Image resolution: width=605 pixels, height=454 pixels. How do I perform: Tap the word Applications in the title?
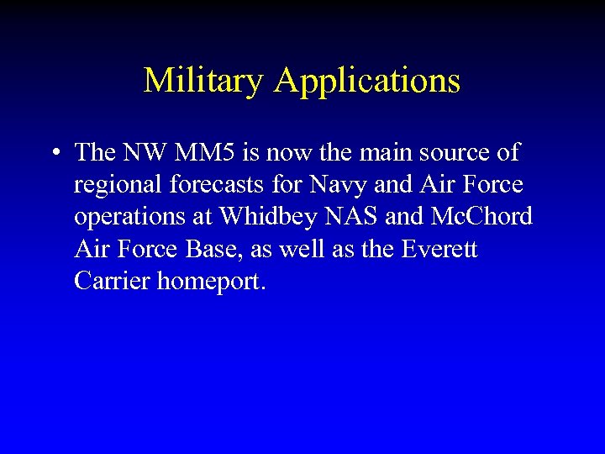(x=366, y=81)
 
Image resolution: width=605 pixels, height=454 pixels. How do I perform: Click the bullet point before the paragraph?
(x=53, y=153)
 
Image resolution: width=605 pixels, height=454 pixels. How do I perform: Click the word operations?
(x=130, y=218)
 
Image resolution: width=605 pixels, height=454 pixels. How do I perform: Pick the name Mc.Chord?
(x=481, y=217)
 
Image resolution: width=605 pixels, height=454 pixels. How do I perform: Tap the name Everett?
(x=442, y=249)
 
